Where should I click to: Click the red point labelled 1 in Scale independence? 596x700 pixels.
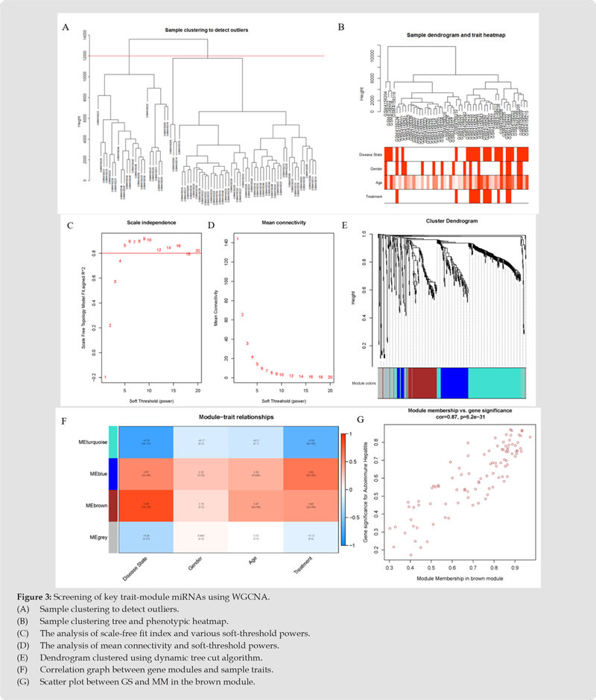point(105,378)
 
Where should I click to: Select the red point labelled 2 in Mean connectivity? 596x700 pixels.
point(242,315)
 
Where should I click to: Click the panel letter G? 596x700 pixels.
point(361,420)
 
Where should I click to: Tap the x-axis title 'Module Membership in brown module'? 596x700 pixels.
point(457,578)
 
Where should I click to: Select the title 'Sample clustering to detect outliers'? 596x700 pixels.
point(206,30)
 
